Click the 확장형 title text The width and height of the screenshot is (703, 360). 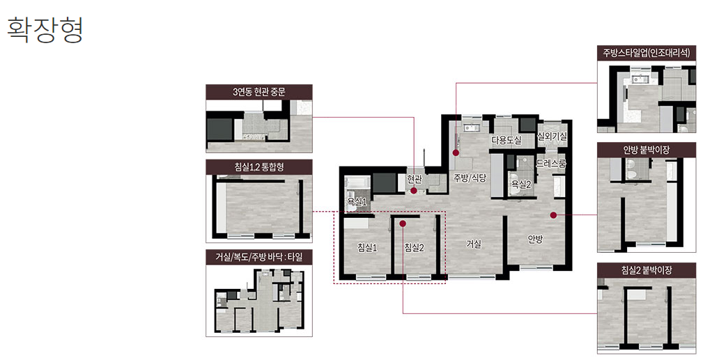coord(45,30)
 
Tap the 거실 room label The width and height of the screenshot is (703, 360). coord(474,244)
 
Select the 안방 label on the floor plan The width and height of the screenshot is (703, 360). coord(535,239)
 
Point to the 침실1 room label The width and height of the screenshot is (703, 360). coord(367,247)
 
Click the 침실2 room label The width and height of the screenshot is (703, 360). coord(414,247)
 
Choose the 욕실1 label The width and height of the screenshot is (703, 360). coord(357,202)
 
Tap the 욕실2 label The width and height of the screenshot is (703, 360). coord(521,184)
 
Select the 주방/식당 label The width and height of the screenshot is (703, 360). coord(470,178)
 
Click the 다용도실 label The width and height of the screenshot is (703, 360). coord(507,141)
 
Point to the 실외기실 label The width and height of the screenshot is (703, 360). coord(552,136)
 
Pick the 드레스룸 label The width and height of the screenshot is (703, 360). coord(551,164)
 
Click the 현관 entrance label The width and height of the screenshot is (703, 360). coord(415,180)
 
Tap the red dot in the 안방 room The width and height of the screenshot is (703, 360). coord(553,215)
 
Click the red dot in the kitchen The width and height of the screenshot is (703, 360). coord(456,152)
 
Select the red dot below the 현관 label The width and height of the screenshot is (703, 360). coord(414,191)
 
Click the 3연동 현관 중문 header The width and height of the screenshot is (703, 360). coord(259,93)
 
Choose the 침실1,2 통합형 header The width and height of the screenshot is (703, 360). coord(259,167)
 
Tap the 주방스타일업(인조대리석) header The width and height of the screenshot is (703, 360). coord(647,53)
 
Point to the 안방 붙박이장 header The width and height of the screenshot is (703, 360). coord(647,150)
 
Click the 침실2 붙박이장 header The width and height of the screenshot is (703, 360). coord(647,270)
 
